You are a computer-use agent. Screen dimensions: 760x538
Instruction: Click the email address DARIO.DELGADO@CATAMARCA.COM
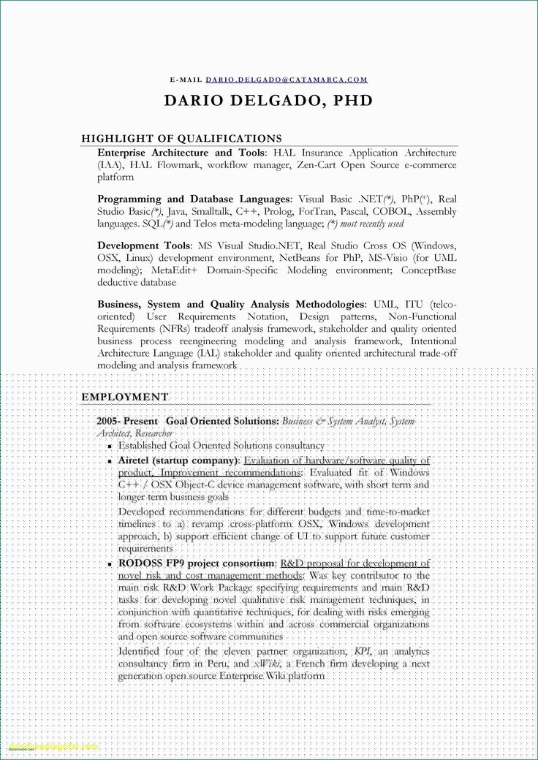tap(287, 79)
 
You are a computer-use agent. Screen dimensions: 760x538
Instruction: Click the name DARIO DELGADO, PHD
tap(268, 101)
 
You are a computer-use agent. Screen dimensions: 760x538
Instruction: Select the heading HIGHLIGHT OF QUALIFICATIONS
tap(181, 138)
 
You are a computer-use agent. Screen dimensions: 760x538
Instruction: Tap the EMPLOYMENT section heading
tap(125, 397)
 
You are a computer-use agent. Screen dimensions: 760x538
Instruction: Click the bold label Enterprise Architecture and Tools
tap(181, 153)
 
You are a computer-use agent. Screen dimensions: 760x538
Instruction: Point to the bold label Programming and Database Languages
tap(194, 199)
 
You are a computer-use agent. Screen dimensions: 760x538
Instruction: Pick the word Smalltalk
tap(208, 212)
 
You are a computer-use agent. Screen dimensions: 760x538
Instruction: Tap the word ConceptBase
tap(428, 270)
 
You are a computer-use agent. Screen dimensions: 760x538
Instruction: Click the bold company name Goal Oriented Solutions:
tap(222, 422)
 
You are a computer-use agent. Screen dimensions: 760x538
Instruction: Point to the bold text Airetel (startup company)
tap(179, 461)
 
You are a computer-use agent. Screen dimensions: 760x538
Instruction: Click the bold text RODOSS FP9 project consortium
tap(197, 563)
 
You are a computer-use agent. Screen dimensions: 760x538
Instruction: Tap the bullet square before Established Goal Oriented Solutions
tap(109, 446)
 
